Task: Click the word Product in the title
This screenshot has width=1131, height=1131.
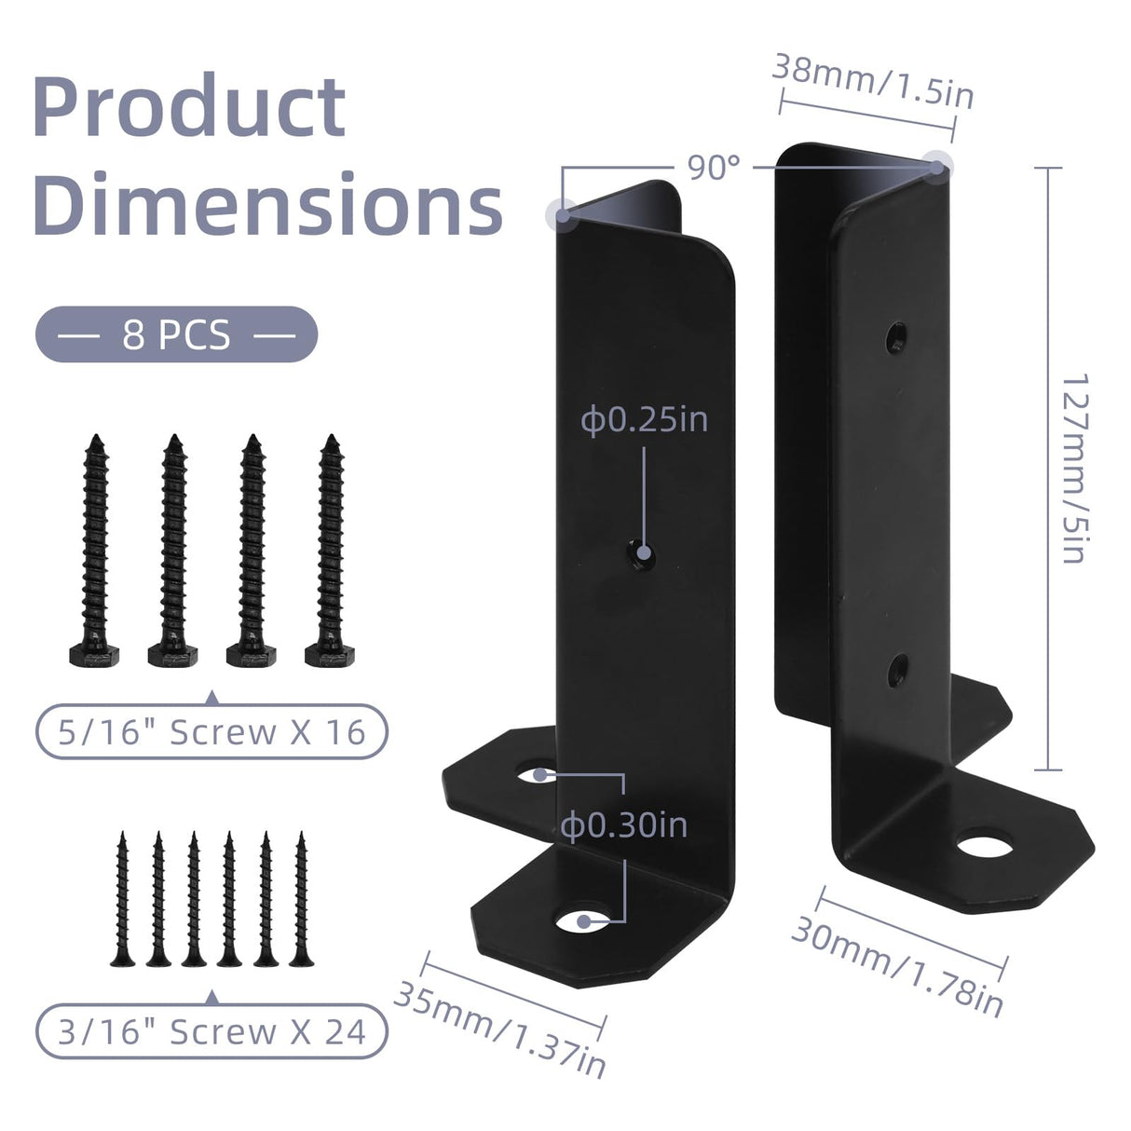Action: click(189, 109)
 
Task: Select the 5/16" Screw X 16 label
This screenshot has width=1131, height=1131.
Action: click(211, 731)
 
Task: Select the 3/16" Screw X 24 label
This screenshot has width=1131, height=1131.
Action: click(211, 1031)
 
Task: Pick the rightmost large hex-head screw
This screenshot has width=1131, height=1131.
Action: click(329, 550)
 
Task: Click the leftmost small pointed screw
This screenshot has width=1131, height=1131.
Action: click(122, 899)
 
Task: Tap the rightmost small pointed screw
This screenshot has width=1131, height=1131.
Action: click(301, 899)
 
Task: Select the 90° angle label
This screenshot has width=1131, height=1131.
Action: click(714, 167)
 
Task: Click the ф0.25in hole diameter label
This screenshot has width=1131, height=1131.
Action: click(645, 419)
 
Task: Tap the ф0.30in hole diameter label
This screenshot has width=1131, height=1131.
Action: click(624, 824)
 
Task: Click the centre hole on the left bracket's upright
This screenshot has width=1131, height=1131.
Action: click(641, 555)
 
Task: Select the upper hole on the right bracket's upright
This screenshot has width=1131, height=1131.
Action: click(897, 334)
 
